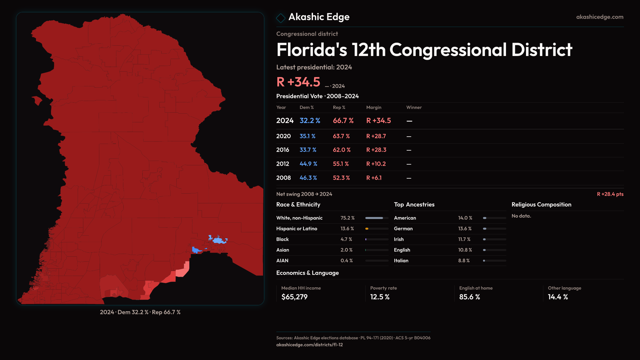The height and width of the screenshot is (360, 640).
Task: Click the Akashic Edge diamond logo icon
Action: (281, 18)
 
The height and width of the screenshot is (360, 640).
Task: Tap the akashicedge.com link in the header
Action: (600, 17)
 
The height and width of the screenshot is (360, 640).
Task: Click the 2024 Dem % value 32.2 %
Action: (310, 121)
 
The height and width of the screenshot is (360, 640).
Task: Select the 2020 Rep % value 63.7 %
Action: (341, 136)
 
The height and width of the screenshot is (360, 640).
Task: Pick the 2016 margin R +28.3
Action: (376, 150)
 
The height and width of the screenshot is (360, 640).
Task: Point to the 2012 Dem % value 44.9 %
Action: (308, 164)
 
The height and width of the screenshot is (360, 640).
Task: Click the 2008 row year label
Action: (283, 178)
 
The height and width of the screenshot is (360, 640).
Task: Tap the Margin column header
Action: (373, 107)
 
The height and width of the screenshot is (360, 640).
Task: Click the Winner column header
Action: (414, 107)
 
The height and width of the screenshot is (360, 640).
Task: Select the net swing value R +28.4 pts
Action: (610, 194)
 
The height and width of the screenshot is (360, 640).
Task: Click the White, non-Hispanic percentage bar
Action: (377, 218)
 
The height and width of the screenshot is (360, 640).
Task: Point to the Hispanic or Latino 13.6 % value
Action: (347, 229)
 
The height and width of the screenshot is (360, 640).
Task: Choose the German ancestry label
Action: (403, 229)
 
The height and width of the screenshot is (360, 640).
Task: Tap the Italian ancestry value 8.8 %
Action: (464, 261)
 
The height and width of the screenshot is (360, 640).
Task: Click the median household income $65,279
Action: (294, 297)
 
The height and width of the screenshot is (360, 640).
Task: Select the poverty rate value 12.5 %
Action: (380, 297)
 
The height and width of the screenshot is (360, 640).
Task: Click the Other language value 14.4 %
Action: (558, 297)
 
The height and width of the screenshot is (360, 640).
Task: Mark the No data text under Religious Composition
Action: (521, 216)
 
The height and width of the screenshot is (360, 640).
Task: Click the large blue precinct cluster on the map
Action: (218, 240)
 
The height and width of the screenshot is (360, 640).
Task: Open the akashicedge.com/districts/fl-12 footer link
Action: (309, 345)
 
